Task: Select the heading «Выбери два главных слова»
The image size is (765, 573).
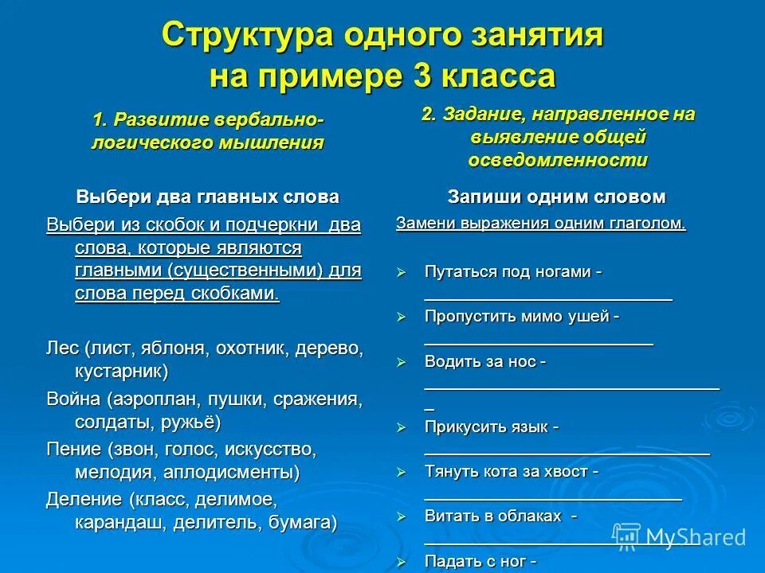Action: [x=207, y=196]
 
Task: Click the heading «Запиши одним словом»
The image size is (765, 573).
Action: [x=556, y=196]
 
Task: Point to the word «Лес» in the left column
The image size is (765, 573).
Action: [x=63, y=349]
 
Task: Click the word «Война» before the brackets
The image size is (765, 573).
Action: [x=73, y=398]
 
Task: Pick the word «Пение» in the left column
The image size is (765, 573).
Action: [x=73, y=449]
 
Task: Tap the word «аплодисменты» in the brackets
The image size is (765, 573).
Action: [x=231, y=473]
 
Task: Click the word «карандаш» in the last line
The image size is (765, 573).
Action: [x=113, y=523]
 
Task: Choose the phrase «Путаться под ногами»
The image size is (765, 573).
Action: [x=512, y=271]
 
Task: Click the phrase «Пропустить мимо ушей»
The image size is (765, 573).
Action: [x=521, y=316]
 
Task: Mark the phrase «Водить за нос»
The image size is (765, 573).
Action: [x=484, y=361]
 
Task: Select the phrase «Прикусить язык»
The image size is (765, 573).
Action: [x=491, y=427]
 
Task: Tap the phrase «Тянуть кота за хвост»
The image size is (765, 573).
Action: [x=511, y=471]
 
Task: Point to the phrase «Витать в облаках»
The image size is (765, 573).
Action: [x=499, y=516]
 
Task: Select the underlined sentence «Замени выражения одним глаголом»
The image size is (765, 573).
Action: [x=540, y=224]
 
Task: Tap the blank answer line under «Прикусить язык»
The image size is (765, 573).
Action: [x=566, y=451]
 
